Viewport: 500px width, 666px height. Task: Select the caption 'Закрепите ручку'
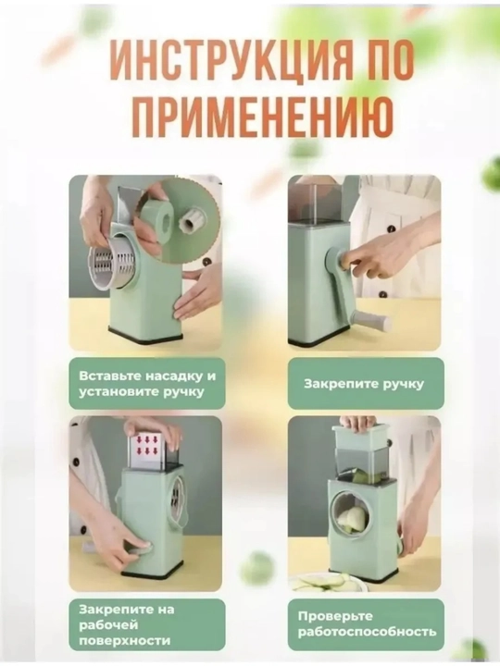[364, 385]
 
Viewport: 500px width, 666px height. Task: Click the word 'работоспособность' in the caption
[367, 632]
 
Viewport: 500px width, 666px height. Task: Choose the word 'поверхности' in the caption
[125, 641]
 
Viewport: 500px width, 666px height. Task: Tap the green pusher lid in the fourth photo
[361, 437]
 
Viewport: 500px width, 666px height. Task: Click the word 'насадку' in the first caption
[172, 376]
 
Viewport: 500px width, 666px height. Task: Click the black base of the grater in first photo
[145, 333]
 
